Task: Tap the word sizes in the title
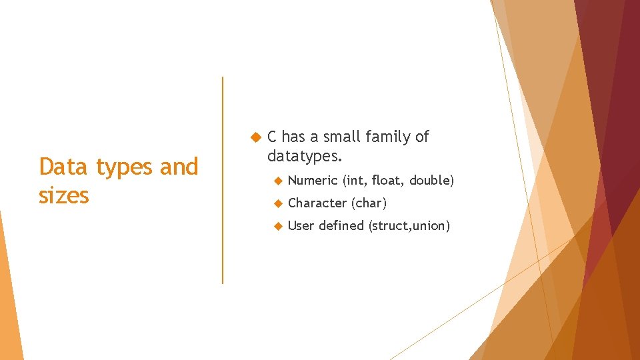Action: pos(64,196)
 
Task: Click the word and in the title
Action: pos(179,167)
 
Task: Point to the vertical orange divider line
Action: pos(223,180)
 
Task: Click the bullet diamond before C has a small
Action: pos(254,137)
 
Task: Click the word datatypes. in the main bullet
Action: pos(305,157)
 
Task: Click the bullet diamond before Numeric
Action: pos(278,181)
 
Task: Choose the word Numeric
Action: pos(313,181)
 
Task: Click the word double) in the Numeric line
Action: pos(432,181)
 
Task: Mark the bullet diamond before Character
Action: pos(278,203)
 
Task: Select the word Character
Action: pos(317,203)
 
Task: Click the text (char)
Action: pos(369,203)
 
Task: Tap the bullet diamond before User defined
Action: pos(278,226)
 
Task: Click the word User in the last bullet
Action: pos(301,225)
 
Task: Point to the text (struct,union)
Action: pos(409,226)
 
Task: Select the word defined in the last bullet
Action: pos(341,225)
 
